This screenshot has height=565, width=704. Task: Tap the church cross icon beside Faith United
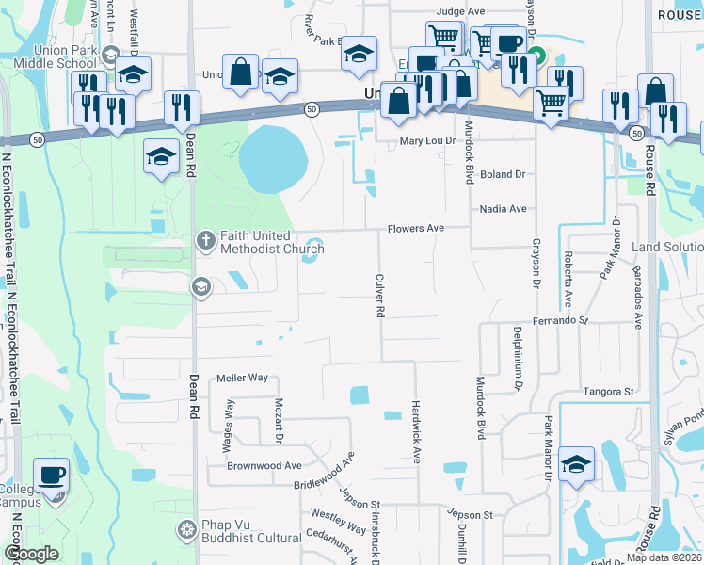click(x=205, y=242)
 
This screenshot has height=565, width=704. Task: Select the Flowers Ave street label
click(x=415, y=229)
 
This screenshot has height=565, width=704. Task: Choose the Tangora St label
click(x=608, y=392)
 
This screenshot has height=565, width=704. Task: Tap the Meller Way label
click(x=243, y=378)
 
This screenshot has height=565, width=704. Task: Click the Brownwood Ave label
click(x=264, y=465)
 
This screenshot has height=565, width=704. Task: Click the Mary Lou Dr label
click(x=427, y=141)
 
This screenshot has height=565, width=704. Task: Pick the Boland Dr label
click(x=502, y=174)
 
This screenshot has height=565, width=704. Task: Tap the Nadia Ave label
click(x=503, y=209)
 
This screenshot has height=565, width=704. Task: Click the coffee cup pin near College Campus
click(x=51, y=475)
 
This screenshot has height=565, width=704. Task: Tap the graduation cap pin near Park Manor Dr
click(x=576, y=463)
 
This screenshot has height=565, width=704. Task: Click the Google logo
click(x=30, y=554)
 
